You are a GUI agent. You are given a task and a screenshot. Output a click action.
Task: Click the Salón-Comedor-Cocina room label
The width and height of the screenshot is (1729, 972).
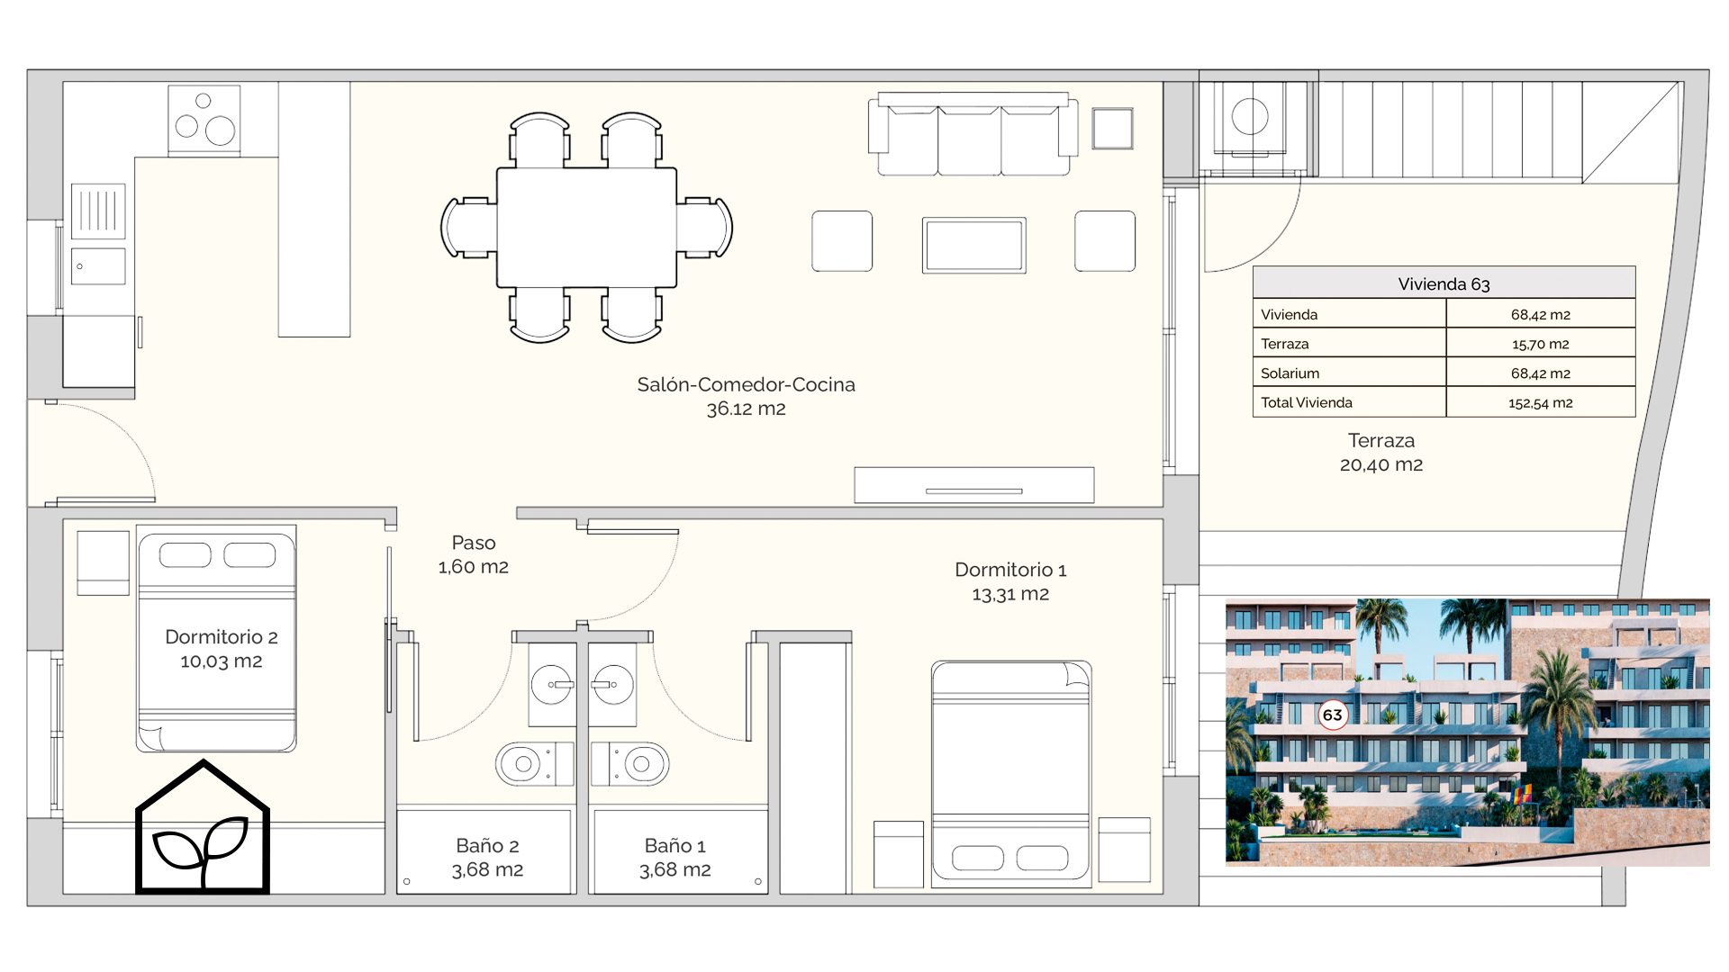[x=746, y=396]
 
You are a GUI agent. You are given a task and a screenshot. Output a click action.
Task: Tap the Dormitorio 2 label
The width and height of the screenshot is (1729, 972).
[x=222, y=649]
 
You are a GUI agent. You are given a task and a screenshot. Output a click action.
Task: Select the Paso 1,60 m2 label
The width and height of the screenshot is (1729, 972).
[x=474, y=554]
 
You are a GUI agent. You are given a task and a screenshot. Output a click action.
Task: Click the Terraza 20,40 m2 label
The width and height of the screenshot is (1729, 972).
[x=1381, y=453]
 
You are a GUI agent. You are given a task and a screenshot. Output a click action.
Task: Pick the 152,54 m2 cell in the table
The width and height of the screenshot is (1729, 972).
[x=1541, y=402]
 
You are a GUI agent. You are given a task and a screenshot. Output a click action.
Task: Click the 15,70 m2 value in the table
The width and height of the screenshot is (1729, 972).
[x=1541, y=344]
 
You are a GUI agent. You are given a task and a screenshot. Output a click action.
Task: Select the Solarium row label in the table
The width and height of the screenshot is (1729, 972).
[x=1290, y=373]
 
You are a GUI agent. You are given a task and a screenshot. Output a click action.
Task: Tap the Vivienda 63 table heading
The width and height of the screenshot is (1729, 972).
[x=1444, y=284]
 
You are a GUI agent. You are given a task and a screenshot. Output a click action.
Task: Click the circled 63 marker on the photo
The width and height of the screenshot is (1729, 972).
[x=1332, y=715]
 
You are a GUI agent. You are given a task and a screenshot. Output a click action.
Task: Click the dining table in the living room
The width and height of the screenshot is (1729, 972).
[x=586, y=228]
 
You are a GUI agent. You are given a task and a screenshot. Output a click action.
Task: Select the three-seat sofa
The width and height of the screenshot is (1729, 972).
[x=973, y=133]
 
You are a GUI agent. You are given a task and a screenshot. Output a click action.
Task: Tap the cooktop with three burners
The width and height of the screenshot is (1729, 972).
[x=204, y=120]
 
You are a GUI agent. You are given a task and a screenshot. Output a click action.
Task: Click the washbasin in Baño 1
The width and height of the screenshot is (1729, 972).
[x=613, y=685]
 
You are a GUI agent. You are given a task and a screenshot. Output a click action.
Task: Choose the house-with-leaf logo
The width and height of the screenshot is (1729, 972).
[x=203, y=827]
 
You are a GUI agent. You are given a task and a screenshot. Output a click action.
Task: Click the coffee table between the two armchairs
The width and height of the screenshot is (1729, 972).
[x=973, y=245]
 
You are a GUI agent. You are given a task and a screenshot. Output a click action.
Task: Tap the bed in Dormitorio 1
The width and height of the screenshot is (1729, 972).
[x=1011, y=774]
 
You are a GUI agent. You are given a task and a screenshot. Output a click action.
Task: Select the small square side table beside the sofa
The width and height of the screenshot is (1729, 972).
[x=1112, y=128]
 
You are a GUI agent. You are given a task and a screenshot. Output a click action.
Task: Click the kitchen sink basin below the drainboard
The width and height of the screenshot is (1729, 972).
[x=98, y=266]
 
